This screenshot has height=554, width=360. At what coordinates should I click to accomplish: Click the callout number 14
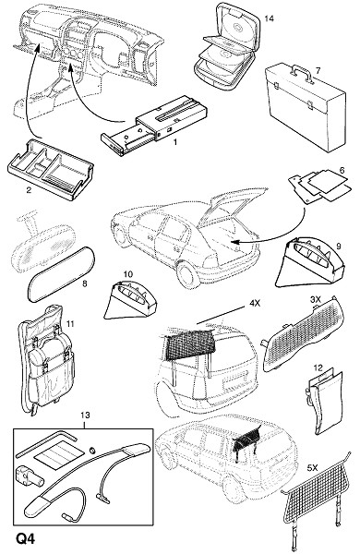[269, 18]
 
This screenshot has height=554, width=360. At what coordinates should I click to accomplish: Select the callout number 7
[318, 71]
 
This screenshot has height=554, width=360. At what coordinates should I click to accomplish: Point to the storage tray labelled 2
[50, 170]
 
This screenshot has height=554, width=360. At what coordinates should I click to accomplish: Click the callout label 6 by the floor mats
[342, 171]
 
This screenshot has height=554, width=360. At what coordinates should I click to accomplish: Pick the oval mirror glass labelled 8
[62, 273]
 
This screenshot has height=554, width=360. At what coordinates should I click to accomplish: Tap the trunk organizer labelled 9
[310, 260]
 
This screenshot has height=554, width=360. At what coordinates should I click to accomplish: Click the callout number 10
[128, 274]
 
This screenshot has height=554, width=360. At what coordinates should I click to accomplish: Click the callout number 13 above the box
[85, 415]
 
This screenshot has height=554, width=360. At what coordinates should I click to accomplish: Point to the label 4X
[255, 303]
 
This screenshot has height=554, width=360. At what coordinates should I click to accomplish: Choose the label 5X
[312, 468]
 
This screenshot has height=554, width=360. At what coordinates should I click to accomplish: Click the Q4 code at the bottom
[26, 540]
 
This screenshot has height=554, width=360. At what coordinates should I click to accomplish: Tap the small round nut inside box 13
[93, 450]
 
